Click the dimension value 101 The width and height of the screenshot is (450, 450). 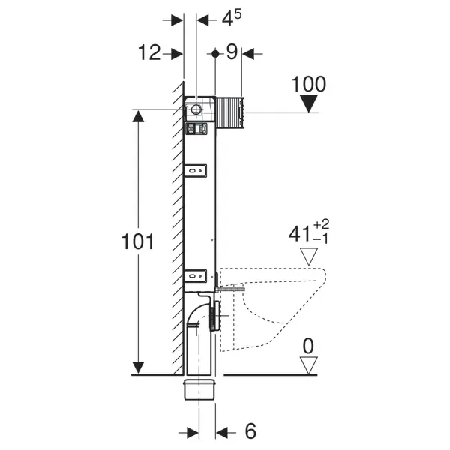pos(138,241)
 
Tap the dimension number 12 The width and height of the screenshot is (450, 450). pos(149,52)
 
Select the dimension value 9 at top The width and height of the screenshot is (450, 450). pos(232,52)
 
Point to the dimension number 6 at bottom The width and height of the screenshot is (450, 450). pos(250,430)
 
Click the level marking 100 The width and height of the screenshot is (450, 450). pos(309,84)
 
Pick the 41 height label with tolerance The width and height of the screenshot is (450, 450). pos(309,232)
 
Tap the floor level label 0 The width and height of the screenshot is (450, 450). pos(308,346)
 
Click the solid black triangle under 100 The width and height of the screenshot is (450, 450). pos(309,104)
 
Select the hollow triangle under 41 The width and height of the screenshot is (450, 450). pos(309,256)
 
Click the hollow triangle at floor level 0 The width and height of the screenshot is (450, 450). pos(308,365)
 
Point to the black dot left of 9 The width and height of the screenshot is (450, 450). pos(215,54)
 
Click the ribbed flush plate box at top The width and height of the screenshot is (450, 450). pos(230,112)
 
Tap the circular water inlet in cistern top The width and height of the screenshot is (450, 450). pos(196,109)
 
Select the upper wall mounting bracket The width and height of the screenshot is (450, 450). pos(196,171)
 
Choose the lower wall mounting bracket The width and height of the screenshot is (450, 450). pos(196,276)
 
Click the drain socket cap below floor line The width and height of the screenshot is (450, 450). pos(199,389)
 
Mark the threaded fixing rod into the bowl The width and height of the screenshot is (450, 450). pos(231,289)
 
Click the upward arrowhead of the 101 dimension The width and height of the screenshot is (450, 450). pos(138,116)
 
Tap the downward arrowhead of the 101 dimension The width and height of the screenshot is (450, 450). pos(138,368)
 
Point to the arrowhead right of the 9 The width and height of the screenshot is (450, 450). pos(248,54)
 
